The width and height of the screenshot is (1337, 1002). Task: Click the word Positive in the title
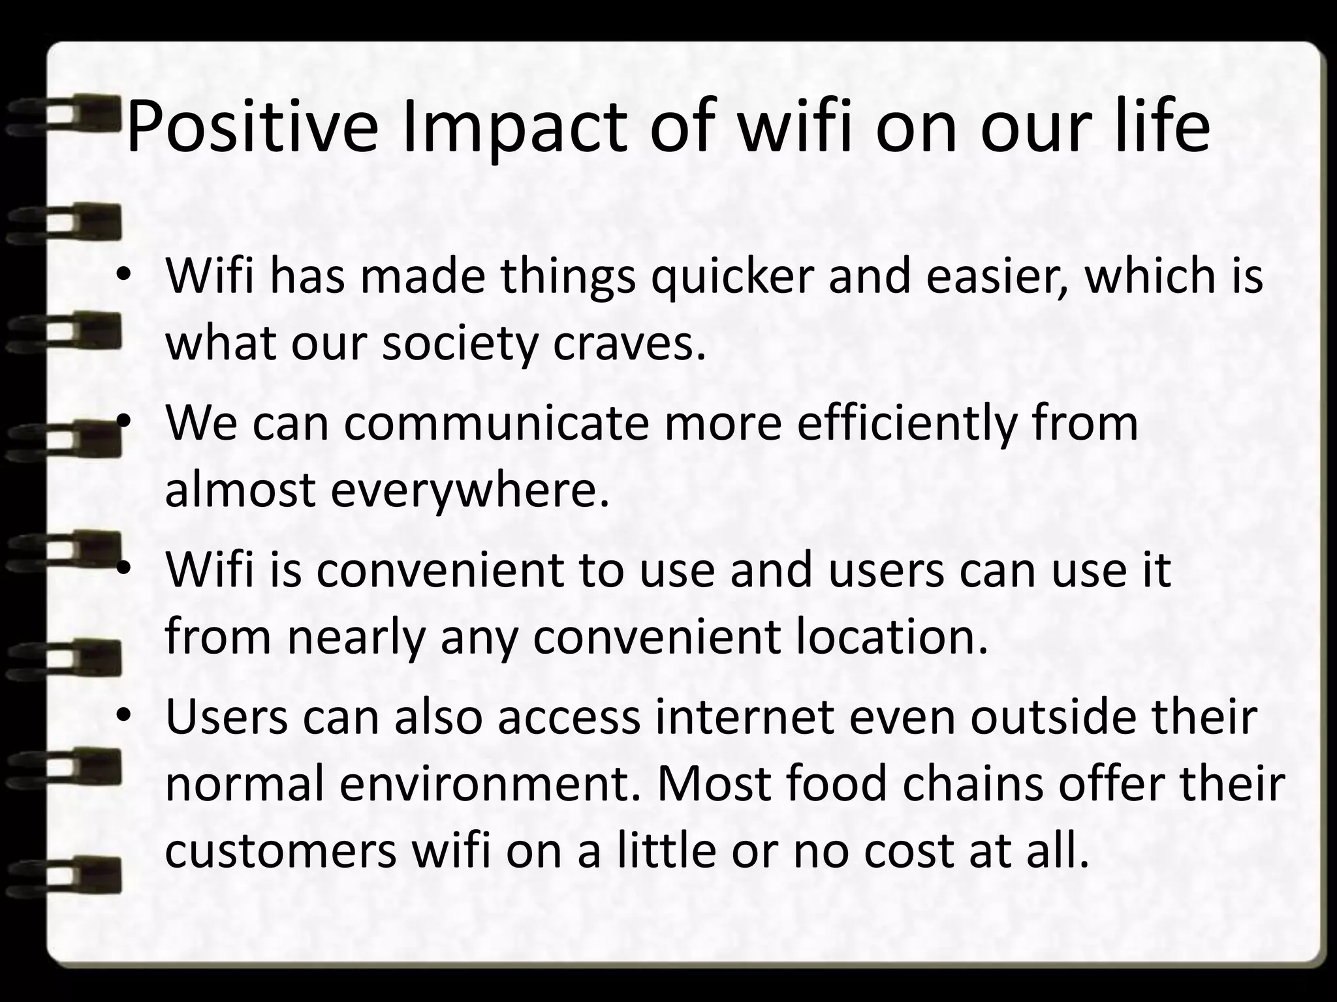click(x=251, y=127)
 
